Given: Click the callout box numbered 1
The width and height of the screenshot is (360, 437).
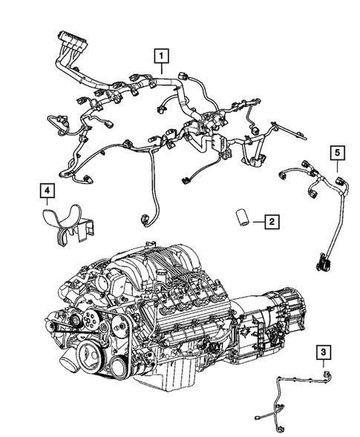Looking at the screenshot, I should (161, 54).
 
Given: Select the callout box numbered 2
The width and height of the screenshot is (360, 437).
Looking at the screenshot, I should (272, 221).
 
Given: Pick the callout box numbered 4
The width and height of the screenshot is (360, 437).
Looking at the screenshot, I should (47, 194).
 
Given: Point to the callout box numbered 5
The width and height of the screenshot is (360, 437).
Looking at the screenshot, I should (337, 153).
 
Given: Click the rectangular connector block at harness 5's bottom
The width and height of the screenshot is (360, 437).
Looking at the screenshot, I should (322, 261).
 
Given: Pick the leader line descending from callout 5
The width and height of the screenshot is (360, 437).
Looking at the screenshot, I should (337, 168).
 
